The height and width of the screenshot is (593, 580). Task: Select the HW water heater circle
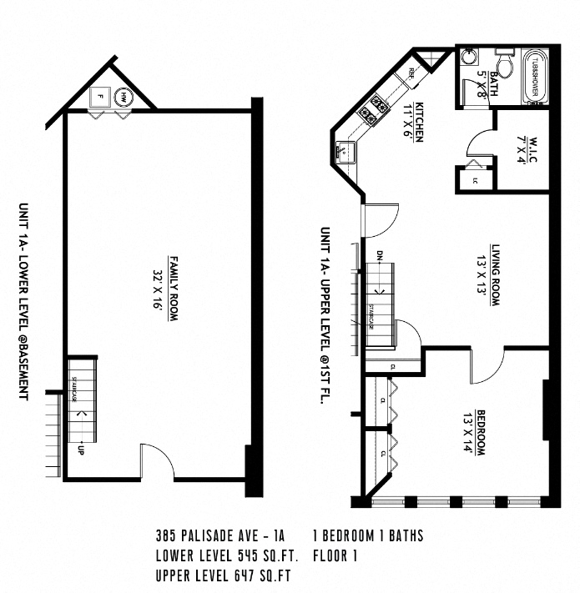coord(123,97)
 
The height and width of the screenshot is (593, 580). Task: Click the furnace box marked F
coord(99,97)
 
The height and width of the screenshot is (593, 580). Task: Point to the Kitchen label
coord(420,122)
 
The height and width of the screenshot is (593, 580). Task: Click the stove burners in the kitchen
coord(373,108)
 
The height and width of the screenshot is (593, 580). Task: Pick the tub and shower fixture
coord(534,78)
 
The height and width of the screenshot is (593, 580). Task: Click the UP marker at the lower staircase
coord(82,452)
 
